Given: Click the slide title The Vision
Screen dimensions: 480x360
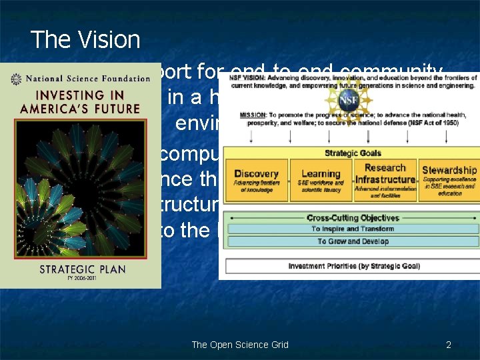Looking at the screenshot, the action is point(85,40).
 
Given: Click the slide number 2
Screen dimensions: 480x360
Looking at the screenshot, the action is point(449,345).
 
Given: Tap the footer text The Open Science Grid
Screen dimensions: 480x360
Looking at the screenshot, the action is point(240,345).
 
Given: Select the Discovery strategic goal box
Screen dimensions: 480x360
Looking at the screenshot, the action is point(256,180).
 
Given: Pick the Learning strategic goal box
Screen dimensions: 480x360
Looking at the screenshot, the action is point(321,180).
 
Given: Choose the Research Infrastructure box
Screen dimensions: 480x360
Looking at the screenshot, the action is point(385,179).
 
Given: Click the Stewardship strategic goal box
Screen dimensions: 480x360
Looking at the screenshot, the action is point(449,179).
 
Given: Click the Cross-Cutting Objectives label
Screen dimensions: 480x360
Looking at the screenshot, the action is point(353,218).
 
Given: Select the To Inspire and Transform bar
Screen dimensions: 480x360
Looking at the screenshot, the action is point(353,229).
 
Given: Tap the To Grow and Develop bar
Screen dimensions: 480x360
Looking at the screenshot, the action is point(353,241).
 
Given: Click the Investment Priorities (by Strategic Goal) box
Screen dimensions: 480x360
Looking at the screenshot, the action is point(354,266).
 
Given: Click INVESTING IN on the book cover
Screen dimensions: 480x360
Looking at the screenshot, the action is point(81,95).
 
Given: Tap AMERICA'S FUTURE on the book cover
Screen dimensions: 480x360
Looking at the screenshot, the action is point(80,109).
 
